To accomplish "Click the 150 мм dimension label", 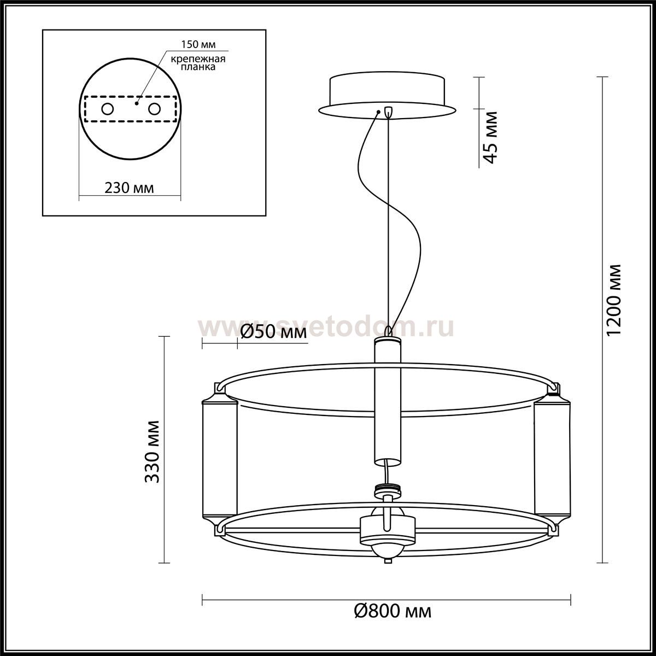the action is coord(198,45).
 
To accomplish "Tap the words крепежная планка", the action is coord(198,63).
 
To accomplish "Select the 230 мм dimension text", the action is coord(129,188).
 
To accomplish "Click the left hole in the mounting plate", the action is coord(108,109).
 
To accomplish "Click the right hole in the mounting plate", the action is coord(154,109).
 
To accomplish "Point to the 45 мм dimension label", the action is coord(490,138).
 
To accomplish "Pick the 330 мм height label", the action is coord(152,452).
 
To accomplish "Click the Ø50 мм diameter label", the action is coord(273,331).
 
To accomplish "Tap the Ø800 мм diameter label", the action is coord(393,620).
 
